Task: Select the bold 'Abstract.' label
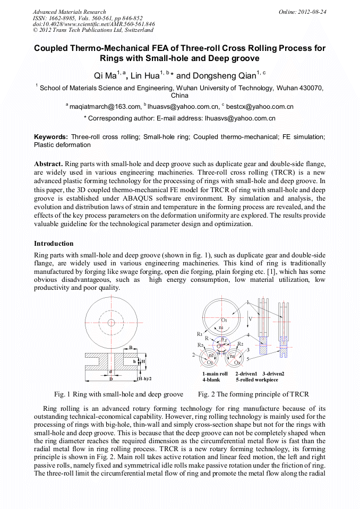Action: point(49,163)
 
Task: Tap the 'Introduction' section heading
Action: point(54,244)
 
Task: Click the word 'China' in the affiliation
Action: point(179,96)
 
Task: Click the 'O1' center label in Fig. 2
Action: point(224,321)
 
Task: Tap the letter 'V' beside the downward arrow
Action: point(250,319)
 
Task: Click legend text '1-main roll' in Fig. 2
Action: point(215,374)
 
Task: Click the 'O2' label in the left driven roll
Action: point(210,362)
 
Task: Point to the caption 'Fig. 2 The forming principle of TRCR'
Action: point(253,394)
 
